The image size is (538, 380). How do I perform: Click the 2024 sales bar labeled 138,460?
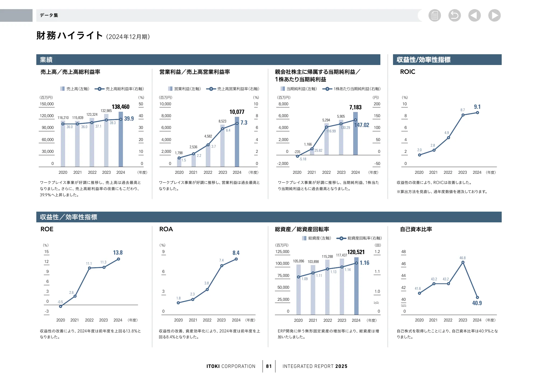pos(121,140)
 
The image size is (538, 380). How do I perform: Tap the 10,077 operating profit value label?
pos(237,112)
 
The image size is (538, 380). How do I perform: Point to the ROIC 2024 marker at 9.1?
pos(477,113)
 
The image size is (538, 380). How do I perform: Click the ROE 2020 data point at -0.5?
pos(61,306)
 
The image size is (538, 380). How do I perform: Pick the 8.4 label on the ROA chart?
pos(236,253)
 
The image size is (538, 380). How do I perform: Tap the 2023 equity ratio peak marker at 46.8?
pos(463,262)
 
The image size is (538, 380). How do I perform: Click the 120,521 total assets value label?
pos(356,252)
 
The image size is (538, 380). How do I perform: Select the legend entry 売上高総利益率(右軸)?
pos(120,89)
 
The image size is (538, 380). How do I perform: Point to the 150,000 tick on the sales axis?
pos(47,104)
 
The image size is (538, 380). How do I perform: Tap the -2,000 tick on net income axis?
pos(283,164)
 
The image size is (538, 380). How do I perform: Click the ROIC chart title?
pos(407,72)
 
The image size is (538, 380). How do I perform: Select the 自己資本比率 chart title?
pos(416,229)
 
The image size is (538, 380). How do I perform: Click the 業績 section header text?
pos(46,60)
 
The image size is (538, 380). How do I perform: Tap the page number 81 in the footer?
pos(269,366)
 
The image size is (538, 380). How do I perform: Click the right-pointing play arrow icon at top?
pos(494,15)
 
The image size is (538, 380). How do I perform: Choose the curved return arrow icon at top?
pos(454,15)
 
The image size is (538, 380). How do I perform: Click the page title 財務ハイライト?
pos(70,35)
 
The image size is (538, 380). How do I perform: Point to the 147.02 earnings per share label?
pos(362,125)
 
